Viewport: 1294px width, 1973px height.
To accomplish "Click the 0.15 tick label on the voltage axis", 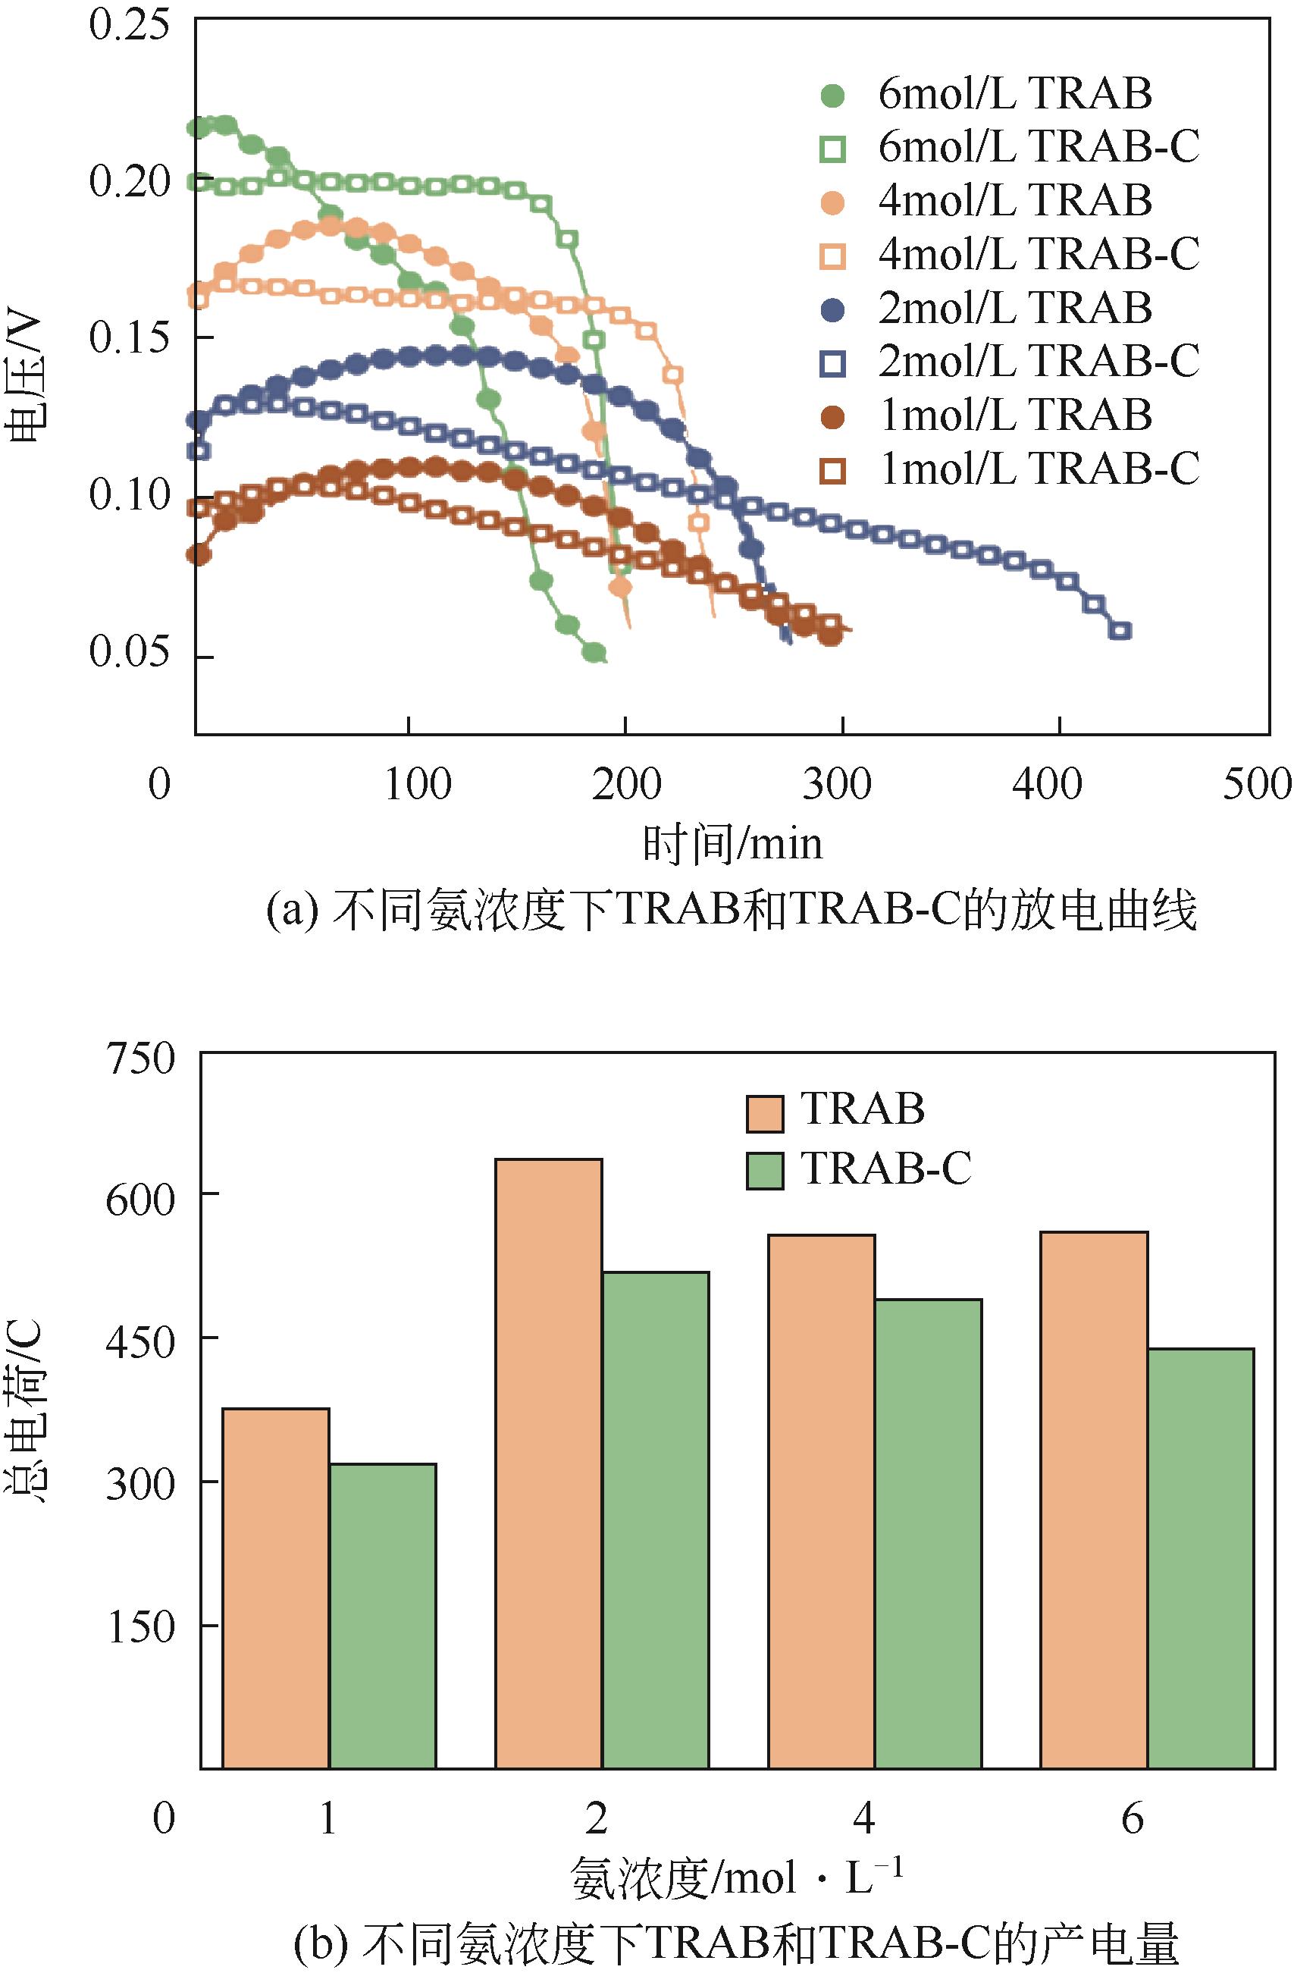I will (127, 337).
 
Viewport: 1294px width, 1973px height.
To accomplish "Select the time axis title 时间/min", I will (733, 845).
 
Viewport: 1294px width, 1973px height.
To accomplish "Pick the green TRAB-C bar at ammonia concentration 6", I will (1200, 1559).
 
